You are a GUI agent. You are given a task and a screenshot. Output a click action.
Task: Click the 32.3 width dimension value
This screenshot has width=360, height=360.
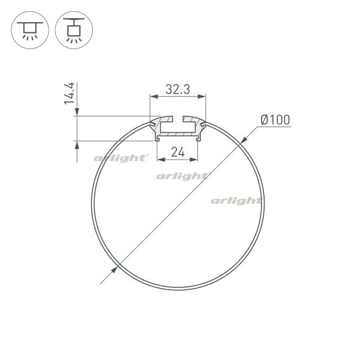coord(178,89)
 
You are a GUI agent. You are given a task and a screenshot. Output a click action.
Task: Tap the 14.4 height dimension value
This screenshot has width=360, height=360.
coord(70,94)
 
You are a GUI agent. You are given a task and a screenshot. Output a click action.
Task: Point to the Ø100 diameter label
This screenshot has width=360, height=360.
coord(275,120)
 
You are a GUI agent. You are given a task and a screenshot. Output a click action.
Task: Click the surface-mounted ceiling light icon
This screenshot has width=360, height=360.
coord(29,29)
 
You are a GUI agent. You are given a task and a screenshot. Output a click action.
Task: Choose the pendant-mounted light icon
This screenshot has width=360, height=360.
coord(74,29)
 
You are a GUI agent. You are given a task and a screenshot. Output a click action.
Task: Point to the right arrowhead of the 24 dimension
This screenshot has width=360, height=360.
coord(196,160)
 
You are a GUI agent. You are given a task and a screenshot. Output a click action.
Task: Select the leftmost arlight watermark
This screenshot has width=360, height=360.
coord(121,158)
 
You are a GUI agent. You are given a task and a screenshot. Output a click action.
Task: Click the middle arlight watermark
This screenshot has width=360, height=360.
coord(182,176)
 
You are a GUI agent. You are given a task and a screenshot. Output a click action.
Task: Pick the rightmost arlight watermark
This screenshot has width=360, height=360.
coord(236,200)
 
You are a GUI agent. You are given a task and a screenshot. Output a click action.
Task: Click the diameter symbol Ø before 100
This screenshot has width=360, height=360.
coord(265,120)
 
